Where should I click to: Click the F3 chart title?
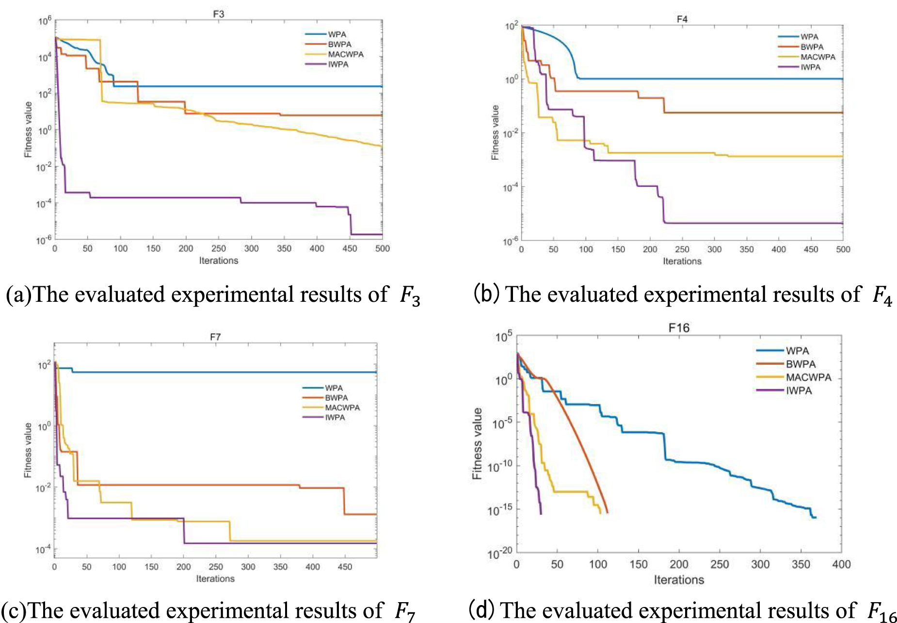coord(218,14)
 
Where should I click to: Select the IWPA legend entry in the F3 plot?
coord(338,65)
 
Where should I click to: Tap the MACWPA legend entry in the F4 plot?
coord(817,57)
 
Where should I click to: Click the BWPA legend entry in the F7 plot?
coord(336,398)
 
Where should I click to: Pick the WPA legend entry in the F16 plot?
coord(797,351)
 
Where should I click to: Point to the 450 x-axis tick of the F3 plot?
coord(350,248)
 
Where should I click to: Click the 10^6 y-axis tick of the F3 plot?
coord(45,21)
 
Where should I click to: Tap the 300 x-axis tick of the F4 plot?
coord(714,249)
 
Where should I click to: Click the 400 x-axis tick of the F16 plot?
coord(841,564)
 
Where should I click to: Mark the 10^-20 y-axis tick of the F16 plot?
coord(499,553)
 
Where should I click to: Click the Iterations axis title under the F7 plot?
coord(215,579)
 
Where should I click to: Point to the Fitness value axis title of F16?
coord(477,443)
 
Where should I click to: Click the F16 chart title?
coord(679,328)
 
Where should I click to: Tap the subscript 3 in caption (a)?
coord(416,301)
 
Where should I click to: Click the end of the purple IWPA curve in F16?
coord(541,513)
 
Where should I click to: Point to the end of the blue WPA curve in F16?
coord(816,518)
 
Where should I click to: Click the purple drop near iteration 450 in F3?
coord(351,221)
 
